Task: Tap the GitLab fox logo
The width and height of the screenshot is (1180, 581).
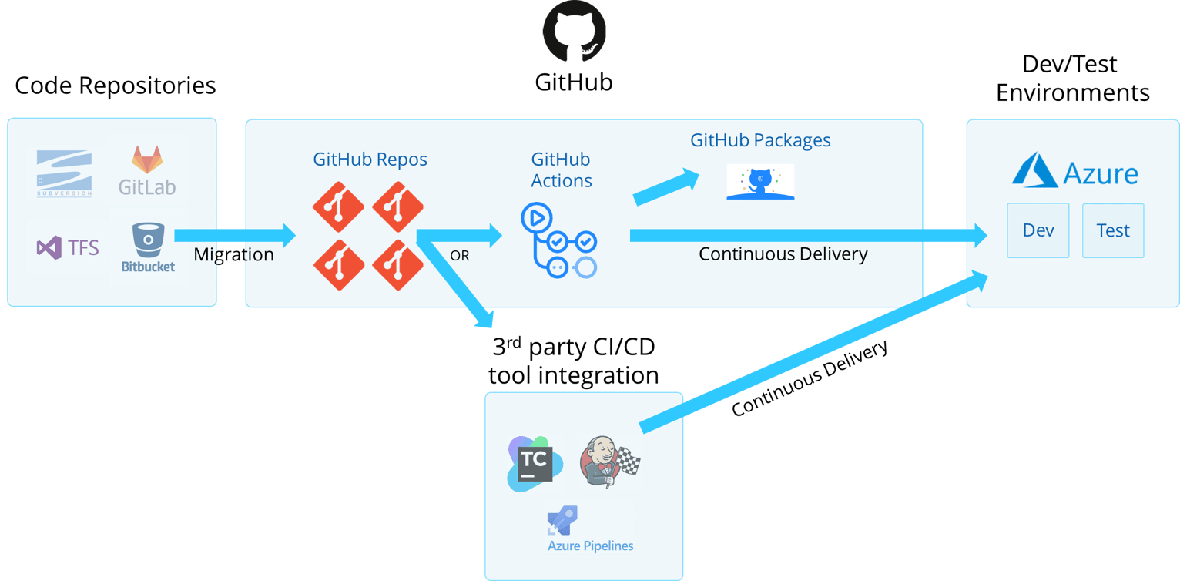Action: [147, 160]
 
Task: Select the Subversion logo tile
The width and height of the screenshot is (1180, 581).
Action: [65, 173]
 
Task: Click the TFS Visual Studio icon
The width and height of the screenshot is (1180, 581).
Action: [49, 247]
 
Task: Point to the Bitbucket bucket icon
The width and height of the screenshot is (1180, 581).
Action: [147, 240]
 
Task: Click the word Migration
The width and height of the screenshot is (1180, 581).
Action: [233, 255]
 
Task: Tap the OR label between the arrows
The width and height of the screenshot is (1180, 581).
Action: [459, 256]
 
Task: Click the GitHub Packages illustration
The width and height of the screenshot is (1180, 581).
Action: [760, 182]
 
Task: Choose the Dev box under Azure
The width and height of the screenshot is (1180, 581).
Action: [1038, 230]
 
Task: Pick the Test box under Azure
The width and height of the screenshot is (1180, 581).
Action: [1112, 230]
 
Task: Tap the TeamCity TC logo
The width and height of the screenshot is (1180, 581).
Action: [535, 464]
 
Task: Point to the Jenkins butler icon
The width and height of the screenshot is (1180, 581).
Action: [601, 462]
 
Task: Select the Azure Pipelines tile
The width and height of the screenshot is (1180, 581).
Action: [590, 529]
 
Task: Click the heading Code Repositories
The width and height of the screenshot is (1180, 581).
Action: [116, 85]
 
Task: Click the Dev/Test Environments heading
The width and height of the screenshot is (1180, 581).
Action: [1071, 79]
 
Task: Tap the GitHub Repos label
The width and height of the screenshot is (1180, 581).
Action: [370, 160]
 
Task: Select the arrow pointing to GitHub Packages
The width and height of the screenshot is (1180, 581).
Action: [666, 187]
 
